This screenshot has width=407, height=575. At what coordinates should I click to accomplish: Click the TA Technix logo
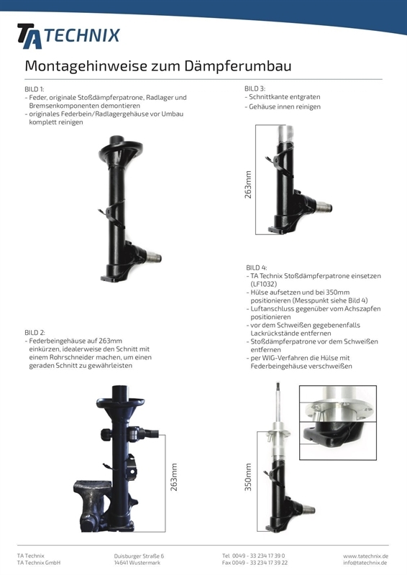(x=68, y=36)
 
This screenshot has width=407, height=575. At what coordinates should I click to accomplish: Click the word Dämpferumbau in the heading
(x=238, y=66)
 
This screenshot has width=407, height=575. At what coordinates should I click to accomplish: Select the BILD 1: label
(x=35, y=89)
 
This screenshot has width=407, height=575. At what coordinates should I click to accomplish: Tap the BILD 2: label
(x=35, y=333)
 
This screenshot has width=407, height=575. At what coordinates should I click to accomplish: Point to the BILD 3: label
(x=255, y=88)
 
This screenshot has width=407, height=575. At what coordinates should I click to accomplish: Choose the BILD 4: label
(x=257, y=267)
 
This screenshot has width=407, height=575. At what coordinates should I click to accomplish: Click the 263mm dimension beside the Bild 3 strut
(x=248, y=185)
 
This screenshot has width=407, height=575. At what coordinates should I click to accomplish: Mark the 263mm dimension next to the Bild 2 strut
(x=174, y=477)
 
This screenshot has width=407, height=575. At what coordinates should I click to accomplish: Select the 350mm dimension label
(x=248, y=477)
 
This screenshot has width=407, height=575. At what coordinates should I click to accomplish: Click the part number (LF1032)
(x=264, y=284)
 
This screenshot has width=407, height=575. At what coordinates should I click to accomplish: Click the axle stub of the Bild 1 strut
(x=153, y=257)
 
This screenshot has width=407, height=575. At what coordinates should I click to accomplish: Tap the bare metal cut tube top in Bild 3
(x=285, y=134)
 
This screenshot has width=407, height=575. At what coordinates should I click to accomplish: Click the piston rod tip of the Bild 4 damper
(x=278, y=385)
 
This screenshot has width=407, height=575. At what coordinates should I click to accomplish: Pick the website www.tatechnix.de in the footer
(x=365, y=556)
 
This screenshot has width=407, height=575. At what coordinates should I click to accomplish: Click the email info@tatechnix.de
(x=365, y=563)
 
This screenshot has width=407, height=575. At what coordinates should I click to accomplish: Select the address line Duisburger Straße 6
(x=139, y=556)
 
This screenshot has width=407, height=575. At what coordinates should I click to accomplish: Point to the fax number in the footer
(x=255, y=563)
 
